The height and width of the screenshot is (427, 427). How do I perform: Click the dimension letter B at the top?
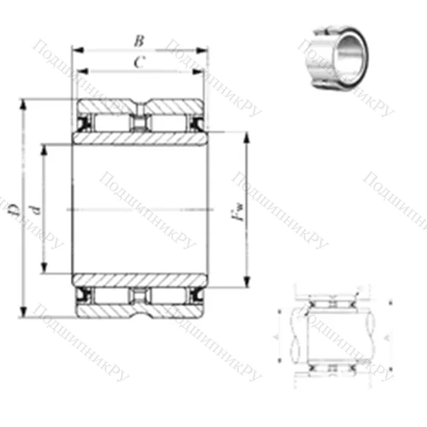click(138, 39)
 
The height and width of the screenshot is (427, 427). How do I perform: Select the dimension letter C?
click(138, 61)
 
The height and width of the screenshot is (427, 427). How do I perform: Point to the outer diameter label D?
click(12, 209)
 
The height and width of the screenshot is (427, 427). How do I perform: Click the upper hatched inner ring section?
click(139, 137)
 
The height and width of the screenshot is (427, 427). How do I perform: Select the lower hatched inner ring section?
click(139, 280)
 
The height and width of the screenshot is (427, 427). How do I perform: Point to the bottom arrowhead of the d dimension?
click(43, 272)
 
